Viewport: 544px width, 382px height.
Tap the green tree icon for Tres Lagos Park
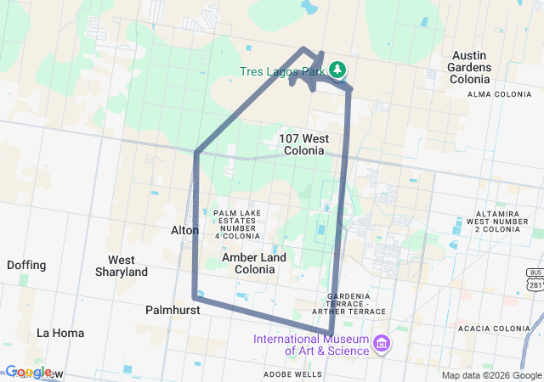click(x=337, y=70)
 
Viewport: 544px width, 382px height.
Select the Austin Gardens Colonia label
click(x=471, y=67)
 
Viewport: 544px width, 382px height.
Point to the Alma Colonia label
click(x=498, y=93)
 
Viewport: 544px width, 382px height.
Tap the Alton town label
click(x=184, y=230)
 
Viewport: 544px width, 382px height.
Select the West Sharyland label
click(x=127, y=266)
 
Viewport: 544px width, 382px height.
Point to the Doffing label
click(x=26, y=265)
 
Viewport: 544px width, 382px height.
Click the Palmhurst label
click(x=172, y=311)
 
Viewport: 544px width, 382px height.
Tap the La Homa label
click(x=60, y=333)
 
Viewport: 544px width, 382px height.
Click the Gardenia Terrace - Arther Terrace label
click(x=349, y=304)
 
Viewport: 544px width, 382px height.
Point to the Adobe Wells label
click(x=292, y=374)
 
